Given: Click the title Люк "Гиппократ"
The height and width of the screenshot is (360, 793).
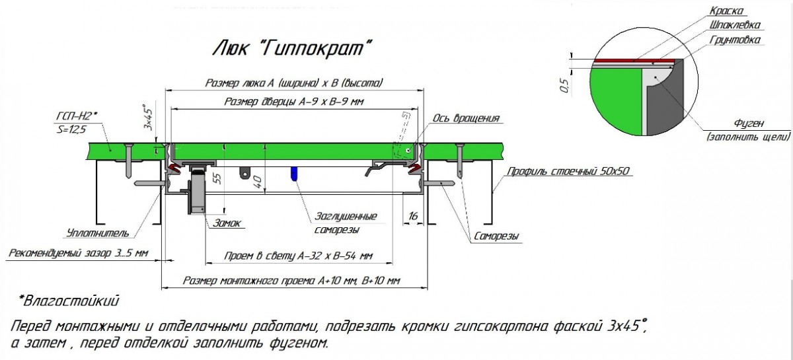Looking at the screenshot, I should coord(292,48).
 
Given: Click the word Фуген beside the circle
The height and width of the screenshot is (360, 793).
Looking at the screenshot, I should coord(748,124).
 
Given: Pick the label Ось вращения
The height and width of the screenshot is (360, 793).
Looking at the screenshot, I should coord(466,118).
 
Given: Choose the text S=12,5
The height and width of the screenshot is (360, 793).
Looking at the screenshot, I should coord(71,129).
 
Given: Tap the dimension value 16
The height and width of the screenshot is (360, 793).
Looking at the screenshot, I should coord(413,216).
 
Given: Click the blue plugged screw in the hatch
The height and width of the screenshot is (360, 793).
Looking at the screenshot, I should coord(293,174).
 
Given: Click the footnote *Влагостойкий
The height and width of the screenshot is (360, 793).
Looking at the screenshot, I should coord(69,301).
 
